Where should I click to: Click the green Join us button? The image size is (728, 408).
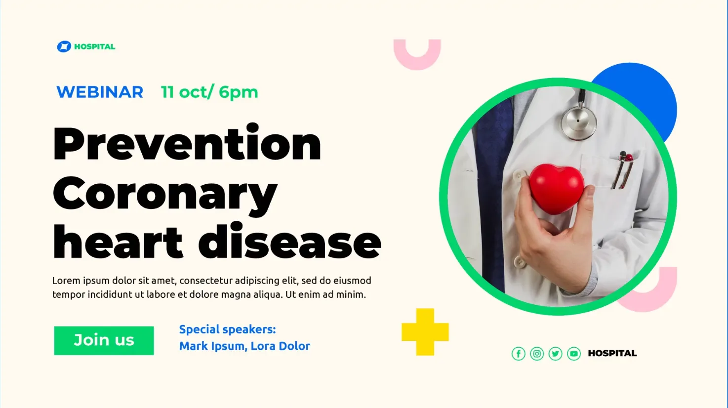(x=104, y=340)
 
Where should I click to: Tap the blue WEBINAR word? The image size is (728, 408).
(x=100, y=92)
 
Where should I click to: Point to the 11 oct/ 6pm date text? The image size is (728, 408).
(x=209, y=92)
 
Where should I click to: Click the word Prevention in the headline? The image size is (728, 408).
(x=187, y=143)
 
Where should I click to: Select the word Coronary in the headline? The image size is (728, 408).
(x=165, y=194)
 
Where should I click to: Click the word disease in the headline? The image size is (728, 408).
(x=289, y=241)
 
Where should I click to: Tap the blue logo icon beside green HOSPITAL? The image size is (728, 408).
(x=64, y=46)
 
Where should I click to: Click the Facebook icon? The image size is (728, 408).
(x=519, y=353)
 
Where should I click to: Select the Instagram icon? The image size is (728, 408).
(x=537, y=353)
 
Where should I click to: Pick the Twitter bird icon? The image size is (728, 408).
(x=556, y=353)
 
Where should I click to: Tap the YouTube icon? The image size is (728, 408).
(x=574, y=353)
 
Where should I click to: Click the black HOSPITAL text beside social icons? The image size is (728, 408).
(x=612, y=353)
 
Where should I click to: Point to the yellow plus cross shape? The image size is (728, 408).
(x=425, y=332)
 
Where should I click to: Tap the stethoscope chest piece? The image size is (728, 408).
(x=578, y=122)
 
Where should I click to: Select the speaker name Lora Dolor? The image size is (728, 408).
(x=280, y=346)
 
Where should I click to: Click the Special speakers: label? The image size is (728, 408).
(x=228, y=329)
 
